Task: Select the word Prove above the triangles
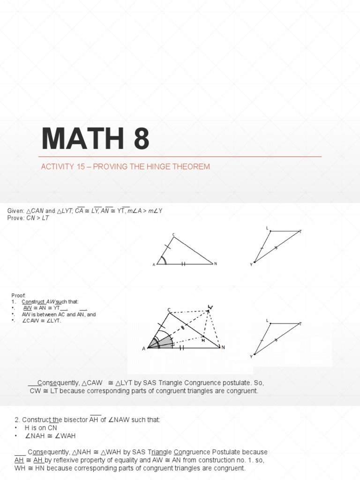(x=15, y=218)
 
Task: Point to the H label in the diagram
(x=203, y=341)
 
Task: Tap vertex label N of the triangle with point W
(x=223, y=347)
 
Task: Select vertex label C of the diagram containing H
(x=169, y=310)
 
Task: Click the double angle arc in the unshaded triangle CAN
(x=163, y=260)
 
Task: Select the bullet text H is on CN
(x=40, y=428)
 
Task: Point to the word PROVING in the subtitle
(x=108, y=167)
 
